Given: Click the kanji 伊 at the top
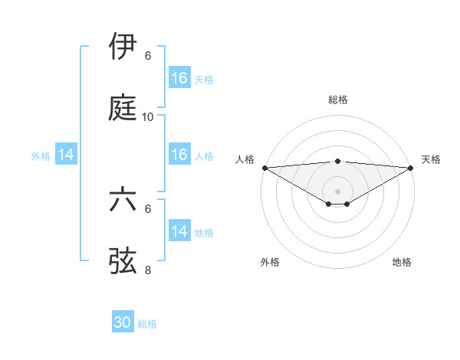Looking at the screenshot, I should click(x=123, y=47).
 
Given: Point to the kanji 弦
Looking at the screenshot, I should click(x=123, y=260).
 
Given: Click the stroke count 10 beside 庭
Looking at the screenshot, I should click(x=148, y=117).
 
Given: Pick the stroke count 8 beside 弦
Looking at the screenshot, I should click(x=148, y=270).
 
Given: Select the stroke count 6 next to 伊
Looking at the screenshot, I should click(x=148, y=56).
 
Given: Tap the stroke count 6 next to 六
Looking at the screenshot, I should click(x=148, y=208).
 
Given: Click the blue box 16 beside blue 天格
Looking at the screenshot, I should click(x=179, y=78).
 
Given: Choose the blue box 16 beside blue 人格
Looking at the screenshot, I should click(x=179, y=155).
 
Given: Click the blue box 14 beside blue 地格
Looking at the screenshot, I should click(x=179, y=231).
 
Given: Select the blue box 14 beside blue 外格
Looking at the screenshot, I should click(x=66, y=155).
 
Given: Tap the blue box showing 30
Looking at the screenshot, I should click(x=123, y=323).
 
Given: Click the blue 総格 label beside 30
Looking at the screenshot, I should click(x=147, y=324).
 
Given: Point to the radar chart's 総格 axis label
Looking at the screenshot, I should click(x=338, y=100).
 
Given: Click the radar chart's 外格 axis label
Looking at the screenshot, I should click(x=270, y=262).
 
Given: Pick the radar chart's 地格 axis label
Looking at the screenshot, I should click(x=402, y=262).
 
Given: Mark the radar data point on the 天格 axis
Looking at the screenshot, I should click(x=411, y=168).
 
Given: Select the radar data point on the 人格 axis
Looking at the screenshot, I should click(x=264, y=168).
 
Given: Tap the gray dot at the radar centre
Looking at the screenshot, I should click(x=337, y=191).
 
